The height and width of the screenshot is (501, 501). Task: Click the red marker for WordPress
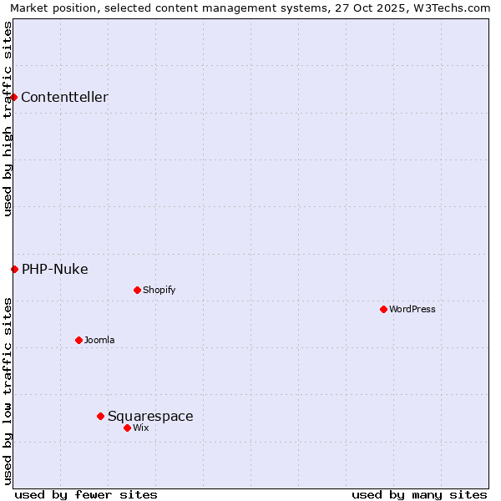tap(383, 309)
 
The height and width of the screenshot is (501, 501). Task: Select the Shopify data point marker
tap(137, 290)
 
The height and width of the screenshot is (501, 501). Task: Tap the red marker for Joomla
tap(78, 340)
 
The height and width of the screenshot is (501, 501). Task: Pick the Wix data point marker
tap(127, 428)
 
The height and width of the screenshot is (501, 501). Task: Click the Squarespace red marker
tap(100, 416)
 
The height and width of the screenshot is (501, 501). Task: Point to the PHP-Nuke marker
tap(14, 269)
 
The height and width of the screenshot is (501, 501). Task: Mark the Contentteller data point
tap(13, 97)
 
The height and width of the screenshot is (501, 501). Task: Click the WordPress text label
tap(412, 309)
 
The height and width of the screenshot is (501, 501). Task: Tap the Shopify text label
tap(159, 290)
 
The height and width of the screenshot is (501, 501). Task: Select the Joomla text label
tap(99, 340)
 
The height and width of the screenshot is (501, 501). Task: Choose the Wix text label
tap(140, 428)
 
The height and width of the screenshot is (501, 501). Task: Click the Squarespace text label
tap(150, 416)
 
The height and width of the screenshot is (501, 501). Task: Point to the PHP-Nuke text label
tap(55, 269)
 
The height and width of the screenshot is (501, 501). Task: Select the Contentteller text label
tap(64, 97)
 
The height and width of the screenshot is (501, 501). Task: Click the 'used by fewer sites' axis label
tap(86, 494)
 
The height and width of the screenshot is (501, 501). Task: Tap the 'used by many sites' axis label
tap(419, 494)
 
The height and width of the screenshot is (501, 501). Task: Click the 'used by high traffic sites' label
tap(8, 119)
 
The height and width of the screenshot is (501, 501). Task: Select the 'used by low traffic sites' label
tap(8, 390)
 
